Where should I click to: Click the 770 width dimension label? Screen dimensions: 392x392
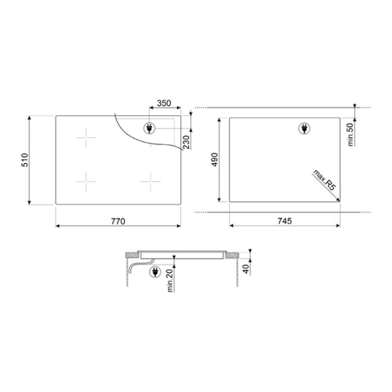coord(118,221)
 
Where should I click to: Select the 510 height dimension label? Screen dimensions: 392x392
coord(24,160)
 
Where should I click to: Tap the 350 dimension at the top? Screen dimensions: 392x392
coord(164,103)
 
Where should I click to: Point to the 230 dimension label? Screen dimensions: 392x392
coord(187,142)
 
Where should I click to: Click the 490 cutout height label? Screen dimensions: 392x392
coord(215,160)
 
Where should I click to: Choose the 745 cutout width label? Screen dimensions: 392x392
coord(285,221)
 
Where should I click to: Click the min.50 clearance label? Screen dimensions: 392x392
coord(350,134)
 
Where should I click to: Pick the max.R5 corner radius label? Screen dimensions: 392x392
coord(324,180)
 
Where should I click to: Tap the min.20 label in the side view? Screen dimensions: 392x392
coord(169,281)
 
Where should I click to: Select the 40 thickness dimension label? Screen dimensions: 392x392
coord(246,269)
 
